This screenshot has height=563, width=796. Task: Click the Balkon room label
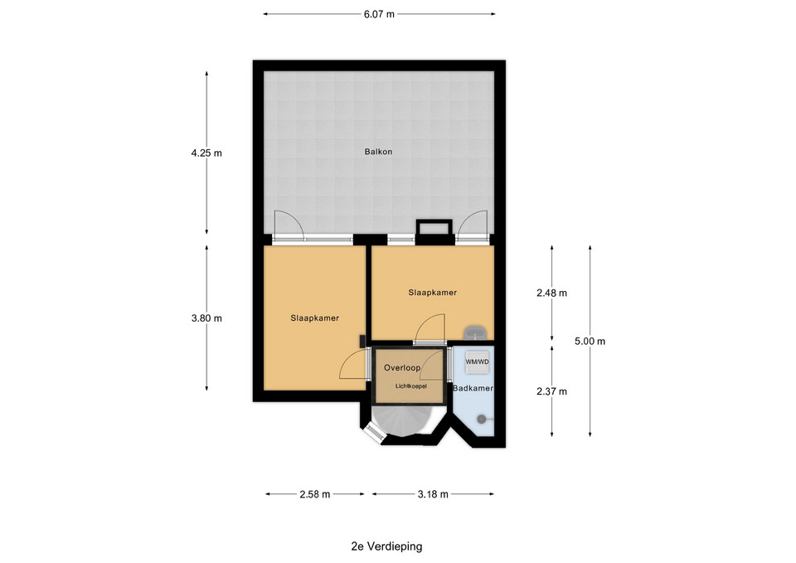tap(378, 151)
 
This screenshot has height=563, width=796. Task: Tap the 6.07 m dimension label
tap(379, 14)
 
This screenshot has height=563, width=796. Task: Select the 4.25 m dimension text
tap(206, 153)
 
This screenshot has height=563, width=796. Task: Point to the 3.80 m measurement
tap(206, 318)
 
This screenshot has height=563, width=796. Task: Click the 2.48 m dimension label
tap(552, 293)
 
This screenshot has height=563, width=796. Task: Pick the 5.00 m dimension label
tap(590, 341)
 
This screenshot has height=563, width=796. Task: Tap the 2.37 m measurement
tap(552, 391)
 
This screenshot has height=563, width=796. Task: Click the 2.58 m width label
tap(315, 494)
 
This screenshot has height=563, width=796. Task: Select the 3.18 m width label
tap(433, 494)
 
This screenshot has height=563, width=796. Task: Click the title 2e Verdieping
tap(386, 546)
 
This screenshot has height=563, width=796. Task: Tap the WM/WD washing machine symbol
tap(478, 362)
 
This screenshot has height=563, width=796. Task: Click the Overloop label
tap(402, 367)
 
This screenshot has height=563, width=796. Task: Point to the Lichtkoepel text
tap(411, 386)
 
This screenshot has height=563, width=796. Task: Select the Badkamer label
tap(473, 388)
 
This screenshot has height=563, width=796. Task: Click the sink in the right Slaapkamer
tap(476, 332)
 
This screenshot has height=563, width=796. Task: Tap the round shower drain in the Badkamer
tap(481, 419)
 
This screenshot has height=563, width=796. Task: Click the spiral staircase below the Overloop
tap(401, 420)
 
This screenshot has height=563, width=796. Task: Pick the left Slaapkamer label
tap(315, 318)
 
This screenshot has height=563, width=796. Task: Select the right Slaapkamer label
tap(433, 293)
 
